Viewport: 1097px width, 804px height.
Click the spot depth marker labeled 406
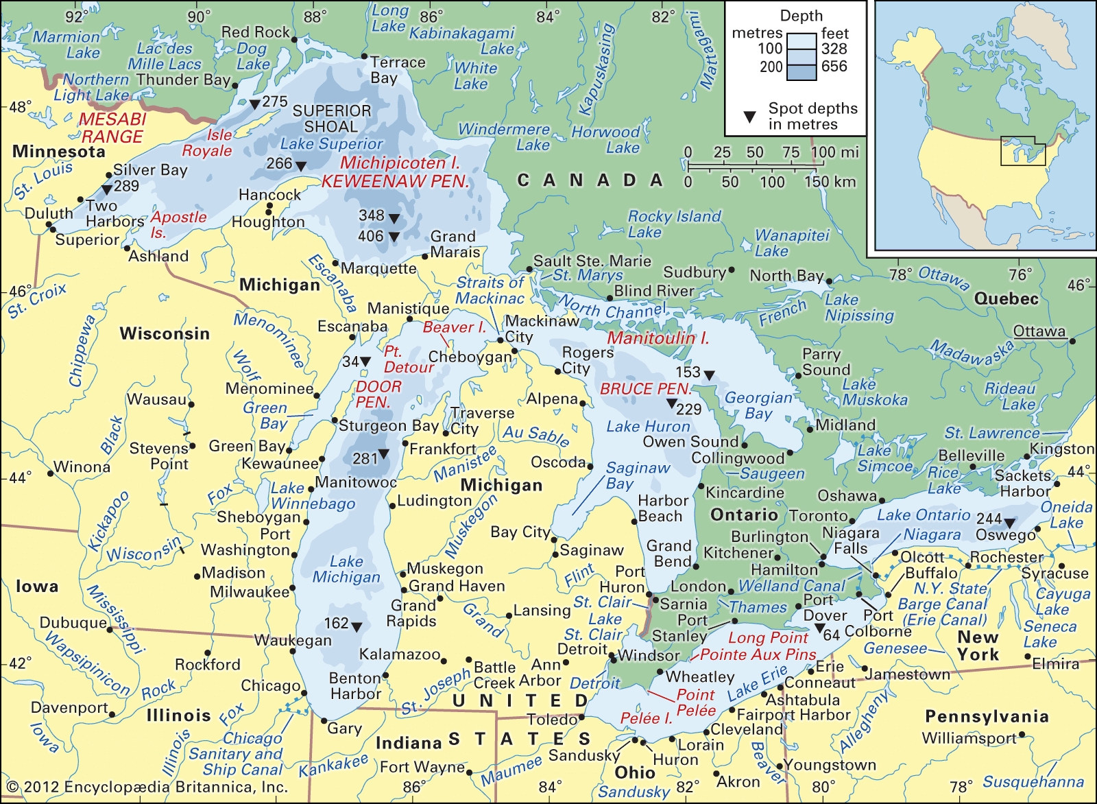pos(394,237)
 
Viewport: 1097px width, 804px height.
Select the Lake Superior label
pos(331,144)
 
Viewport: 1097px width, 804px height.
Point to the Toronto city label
pos(819,516)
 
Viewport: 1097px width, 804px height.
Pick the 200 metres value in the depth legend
pos(771,67)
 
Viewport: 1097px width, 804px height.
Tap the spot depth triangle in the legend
pos(750,117)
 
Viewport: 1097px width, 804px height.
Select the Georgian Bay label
pos(758,405)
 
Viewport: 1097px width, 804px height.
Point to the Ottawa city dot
pos(1072,340)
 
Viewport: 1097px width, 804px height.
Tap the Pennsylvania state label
pos(987,717)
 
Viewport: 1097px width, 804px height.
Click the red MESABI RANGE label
pos(112,128)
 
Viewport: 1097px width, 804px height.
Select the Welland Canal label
pos(792,587)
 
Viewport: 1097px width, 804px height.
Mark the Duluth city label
pos(49,213)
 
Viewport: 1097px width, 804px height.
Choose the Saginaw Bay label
pos(638,475)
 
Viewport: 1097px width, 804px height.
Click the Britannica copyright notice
pos(147,787)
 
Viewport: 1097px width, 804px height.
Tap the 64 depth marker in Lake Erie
pos(819,628)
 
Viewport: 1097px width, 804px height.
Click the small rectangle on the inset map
pos(1022,151)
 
